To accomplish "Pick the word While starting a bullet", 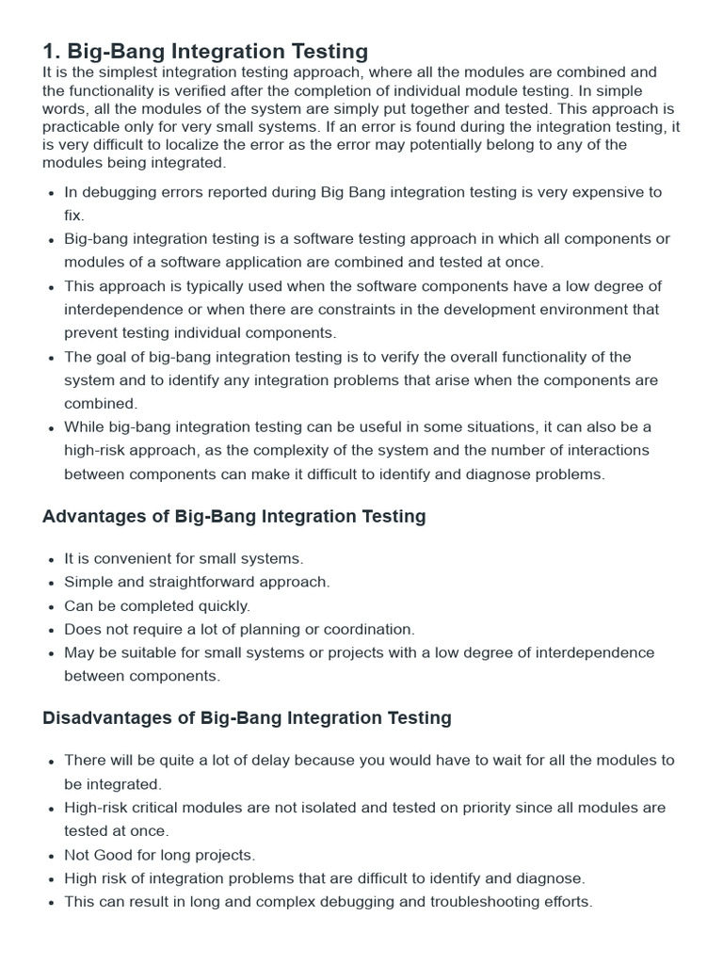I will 85,427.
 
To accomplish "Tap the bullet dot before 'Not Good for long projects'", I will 50,856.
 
